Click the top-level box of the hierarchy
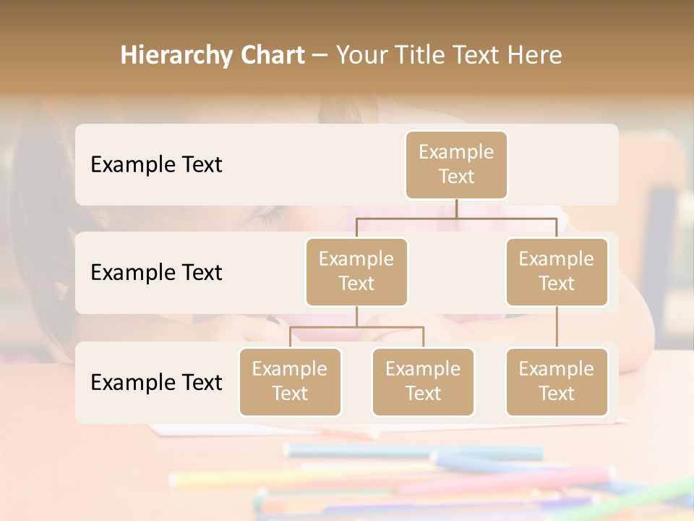point(456,165)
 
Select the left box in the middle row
point(356,272)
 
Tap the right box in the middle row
point(557,272)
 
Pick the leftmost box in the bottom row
point(290,382)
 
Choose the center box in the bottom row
point(423,382)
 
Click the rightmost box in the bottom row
point(557,382)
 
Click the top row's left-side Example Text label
point(156,165)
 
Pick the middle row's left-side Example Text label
point(156,273)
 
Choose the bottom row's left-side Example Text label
point(156,382)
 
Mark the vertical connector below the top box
point(456,208)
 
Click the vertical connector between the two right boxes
point(557,327)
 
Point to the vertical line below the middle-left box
point(356,316)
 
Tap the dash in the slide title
point(320,56)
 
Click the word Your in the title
point(365,55)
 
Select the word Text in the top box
point(456,177)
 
